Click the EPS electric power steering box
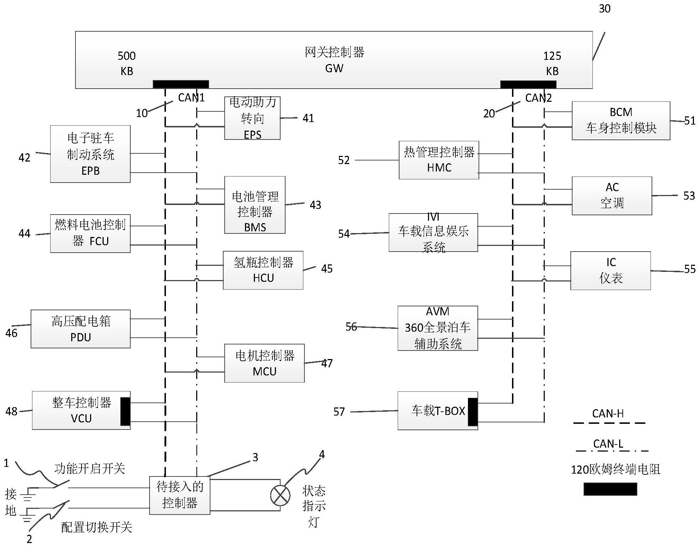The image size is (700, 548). click(x=252, y=118)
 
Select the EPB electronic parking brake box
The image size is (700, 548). click(x=90, y=154)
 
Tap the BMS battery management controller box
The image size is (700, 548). click(x=255, y=205)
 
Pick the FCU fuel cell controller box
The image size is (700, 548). click(x=90, y=233)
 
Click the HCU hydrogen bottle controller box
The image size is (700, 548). click(x=263, y=270)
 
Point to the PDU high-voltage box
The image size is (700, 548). click(x=80, y=329)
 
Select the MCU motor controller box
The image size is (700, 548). click(x=264, y=363)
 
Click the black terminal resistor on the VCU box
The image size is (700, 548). click(x=125, y=411)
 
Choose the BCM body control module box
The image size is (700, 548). click(x=621, y=121)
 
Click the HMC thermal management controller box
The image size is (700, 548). click(x=439, y=160)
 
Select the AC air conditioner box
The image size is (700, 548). click(x=612, y=196)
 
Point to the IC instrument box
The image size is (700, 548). click(x=610, y=271)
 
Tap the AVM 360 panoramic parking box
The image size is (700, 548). click(x=438, y=328)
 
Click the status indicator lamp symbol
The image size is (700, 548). click(x=280, y=495)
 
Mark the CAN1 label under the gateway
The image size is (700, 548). click(x=191, y=98)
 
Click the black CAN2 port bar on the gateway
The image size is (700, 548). click(x=528, y=84)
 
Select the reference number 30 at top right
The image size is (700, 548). click(x=605, y=9)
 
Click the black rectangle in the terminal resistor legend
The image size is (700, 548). click(x=610, y=489)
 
